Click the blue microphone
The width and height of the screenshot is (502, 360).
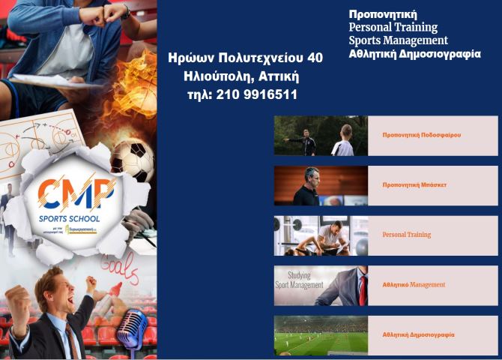click(x=133, y=330)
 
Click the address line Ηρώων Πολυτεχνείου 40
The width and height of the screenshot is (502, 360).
click(x=246, y=57)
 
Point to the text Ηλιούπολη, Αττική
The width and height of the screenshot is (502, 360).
click(x=241, y=76)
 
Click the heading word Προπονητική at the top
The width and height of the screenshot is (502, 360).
click(x=382, y=14)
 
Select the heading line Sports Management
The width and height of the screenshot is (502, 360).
click(x=398, y=40)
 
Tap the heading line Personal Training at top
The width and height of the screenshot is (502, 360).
click(x=393, y=27)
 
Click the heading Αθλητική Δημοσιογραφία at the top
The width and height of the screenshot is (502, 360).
click(x=414, y=54)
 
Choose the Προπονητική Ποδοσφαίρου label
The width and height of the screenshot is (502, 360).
click(x=421, y=136)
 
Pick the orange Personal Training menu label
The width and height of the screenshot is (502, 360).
click(x=406, y=235)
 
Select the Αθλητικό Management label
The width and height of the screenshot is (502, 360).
click(x=414, y=285)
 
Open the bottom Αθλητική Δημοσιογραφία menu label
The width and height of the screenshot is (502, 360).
click(x=418, y=334)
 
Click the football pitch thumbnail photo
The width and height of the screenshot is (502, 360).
click(x=321, y=335)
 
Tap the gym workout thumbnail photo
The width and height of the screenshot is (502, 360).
click(x=321, y=235)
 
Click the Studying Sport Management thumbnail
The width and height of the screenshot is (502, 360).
click(x=321, y=285)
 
